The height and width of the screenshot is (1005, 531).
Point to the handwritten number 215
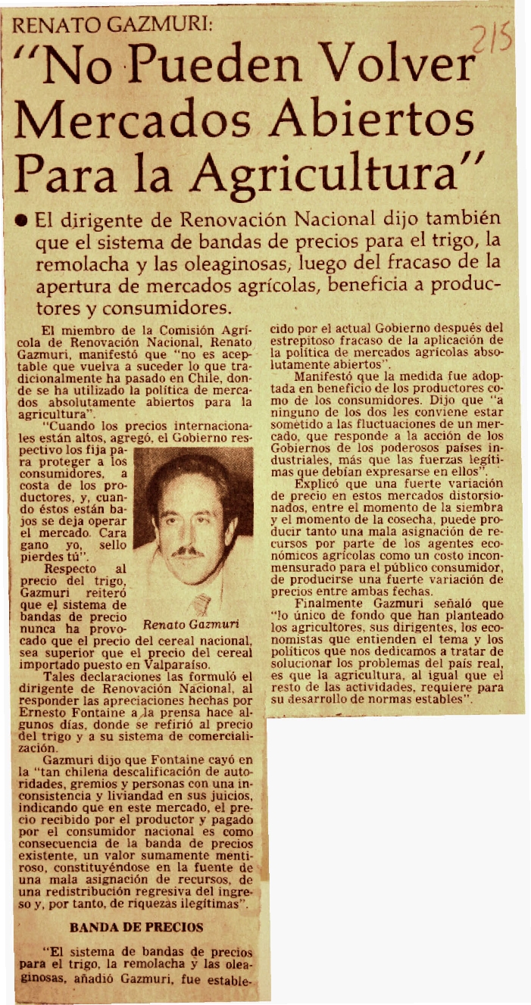[492, 39]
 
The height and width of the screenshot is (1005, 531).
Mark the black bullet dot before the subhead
[23, 220]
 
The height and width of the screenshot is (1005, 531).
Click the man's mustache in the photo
[189, 551]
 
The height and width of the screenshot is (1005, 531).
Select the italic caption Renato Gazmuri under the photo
[191, 626]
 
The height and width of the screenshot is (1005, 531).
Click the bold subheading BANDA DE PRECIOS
[136, 926]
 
